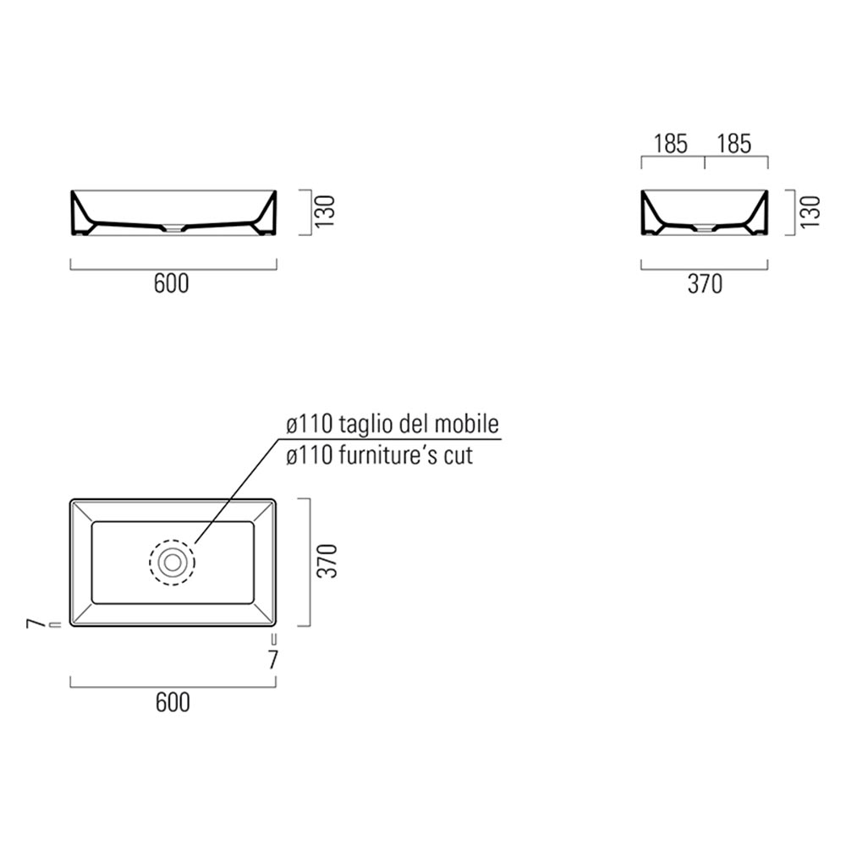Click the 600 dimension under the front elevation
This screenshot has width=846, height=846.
click(172, 284)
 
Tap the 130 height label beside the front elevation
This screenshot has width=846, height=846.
click(326, 210)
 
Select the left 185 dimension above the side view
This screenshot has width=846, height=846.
click(671, 144)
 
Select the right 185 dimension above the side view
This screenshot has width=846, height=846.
click(733, 144)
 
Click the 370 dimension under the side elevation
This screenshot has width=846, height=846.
click(704, 285)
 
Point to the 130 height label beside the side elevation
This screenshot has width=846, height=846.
click(810, 210)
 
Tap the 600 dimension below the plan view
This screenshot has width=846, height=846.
click(172, 701)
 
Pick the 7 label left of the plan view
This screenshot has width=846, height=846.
click(35, 624)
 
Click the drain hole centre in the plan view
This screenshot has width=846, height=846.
click(172, 562)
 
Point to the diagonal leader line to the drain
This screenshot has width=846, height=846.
click(237, 491)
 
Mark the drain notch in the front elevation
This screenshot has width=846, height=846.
click(172, 227)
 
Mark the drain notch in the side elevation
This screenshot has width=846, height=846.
click(704, 227)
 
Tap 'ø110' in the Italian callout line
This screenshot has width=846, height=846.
click(310, 423)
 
